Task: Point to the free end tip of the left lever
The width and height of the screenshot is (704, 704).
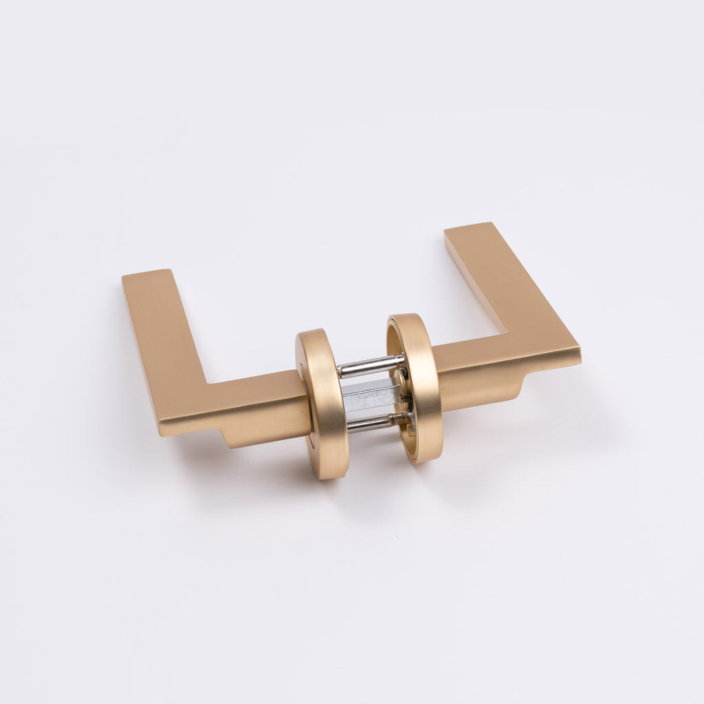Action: pyautogui.click(x=146, y=276)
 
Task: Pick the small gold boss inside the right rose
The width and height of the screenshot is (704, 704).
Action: pyautogui.click(x=401, y=377)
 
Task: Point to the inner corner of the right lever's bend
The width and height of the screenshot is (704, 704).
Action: pyautogui.click(x=507, y=333)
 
